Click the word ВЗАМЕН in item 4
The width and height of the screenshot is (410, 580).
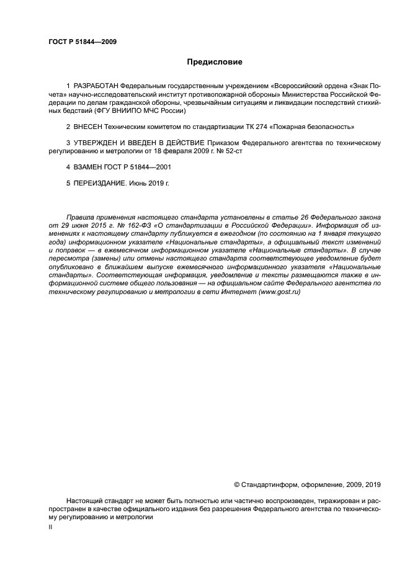coord(88,167)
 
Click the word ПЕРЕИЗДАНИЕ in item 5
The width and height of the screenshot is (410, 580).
coord(100,184)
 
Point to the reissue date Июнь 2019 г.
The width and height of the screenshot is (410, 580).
coord(149,184)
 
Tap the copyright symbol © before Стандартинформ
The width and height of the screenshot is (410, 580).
coord(236,485)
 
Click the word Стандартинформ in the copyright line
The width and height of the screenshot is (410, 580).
coord(269,485)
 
